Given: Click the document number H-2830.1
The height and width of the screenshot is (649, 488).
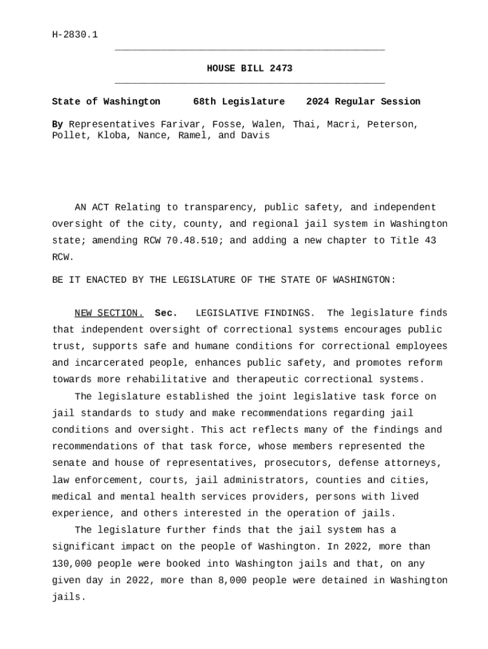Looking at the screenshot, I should (75, 35).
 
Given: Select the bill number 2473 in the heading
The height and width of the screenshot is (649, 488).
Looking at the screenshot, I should (281, 68).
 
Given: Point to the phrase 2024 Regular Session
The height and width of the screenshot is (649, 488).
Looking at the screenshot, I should (363, 101).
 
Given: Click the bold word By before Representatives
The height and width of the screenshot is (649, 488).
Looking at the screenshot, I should (58, 124).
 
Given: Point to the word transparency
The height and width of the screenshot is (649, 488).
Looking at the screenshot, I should (218, 208).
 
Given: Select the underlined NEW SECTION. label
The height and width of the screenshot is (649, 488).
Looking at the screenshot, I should (109, 313).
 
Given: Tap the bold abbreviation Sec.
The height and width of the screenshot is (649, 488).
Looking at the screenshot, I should (166, 313).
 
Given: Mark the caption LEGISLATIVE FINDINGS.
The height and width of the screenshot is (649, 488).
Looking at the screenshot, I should (255, 313).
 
